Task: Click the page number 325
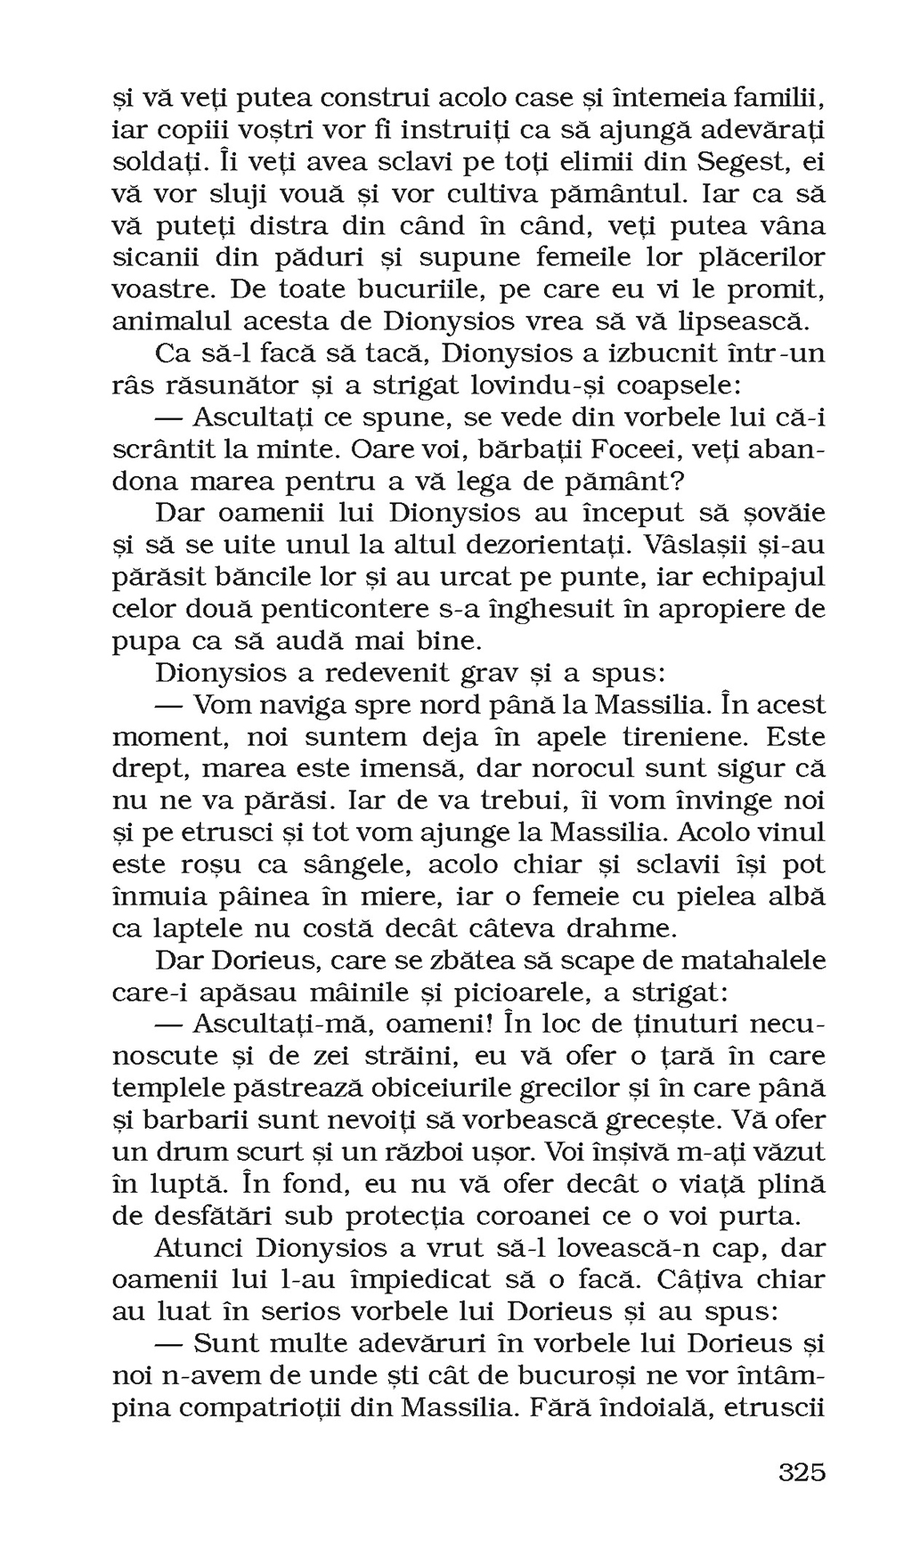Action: click(x=802, y=1471)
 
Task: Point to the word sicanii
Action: click(x=157, y=258)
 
